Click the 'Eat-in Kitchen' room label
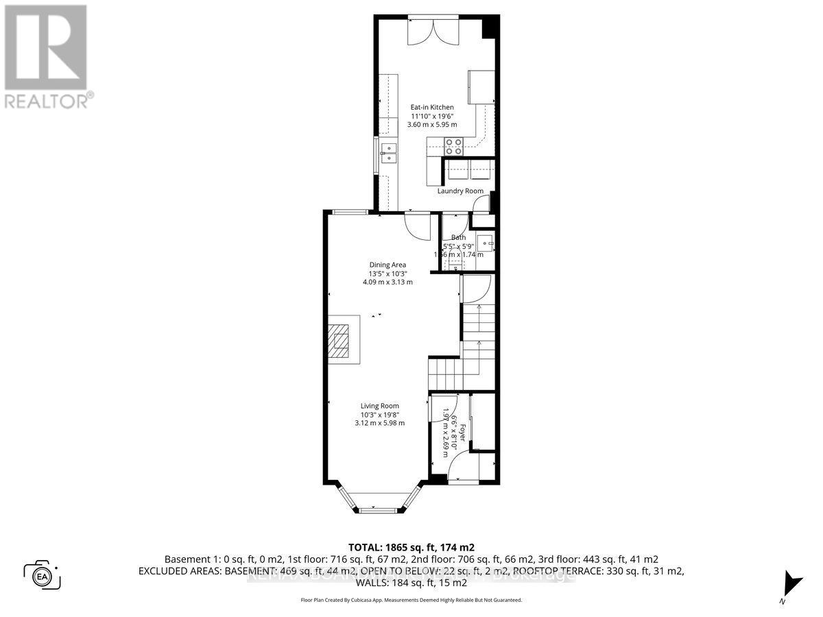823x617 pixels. coord(432,107)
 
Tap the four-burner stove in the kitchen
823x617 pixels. coord(454,146)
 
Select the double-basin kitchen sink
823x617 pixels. coord(389,154)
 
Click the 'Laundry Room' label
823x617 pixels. coord(460,191)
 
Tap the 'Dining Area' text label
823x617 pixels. coord(388,265)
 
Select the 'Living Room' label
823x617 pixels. coord(379,406)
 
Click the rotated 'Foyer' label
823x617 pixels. coord(463,432)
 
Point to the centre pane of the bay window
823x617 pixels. coord(379,510)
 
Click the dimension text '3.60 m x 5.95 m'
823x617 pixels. coord(432,124)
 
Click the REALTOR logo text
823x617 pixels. coord(48,101)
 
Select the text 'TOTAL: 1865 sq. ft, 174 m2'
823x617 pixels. coord(411,548)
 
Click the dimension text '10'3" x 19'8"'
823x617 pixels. coord(379,414)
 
